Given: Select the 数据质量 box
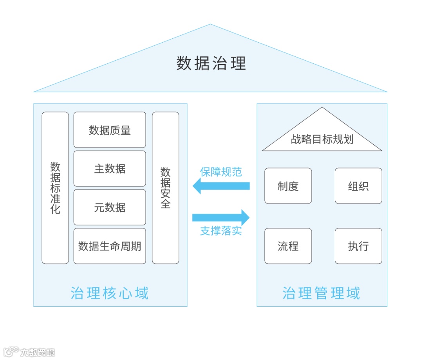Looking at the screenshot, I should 110,130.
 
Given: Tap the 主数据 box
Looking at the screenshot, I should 110,169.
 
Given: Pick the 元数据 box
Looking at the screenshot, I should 110,207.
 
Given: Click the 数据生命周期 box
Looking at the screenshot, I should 110,246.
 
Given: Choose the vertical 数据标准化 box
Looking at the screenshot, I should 55,188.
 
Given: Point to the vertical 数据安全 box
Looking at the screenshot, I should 165,188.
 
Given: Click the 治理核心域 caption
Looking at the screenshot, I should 110,293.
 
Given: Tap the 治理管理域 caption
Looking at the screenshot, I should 321,293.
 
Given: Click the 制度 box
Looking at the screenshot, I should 288,186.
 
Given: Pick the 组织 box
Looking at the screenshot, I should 358,186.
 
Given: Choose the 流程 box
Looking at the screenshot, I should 288,246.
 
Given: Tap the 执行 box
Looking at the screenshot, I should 358,246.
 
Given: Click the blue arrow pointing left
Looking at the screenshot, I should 221,186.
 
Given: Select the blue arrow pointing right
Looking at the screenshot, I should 221,218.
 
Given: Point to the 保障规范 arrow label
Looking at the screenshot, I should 221,172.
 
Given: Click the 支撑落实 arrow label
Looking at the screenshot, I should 221,231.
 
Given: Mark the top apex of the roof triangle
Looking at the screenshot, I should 210,25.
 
